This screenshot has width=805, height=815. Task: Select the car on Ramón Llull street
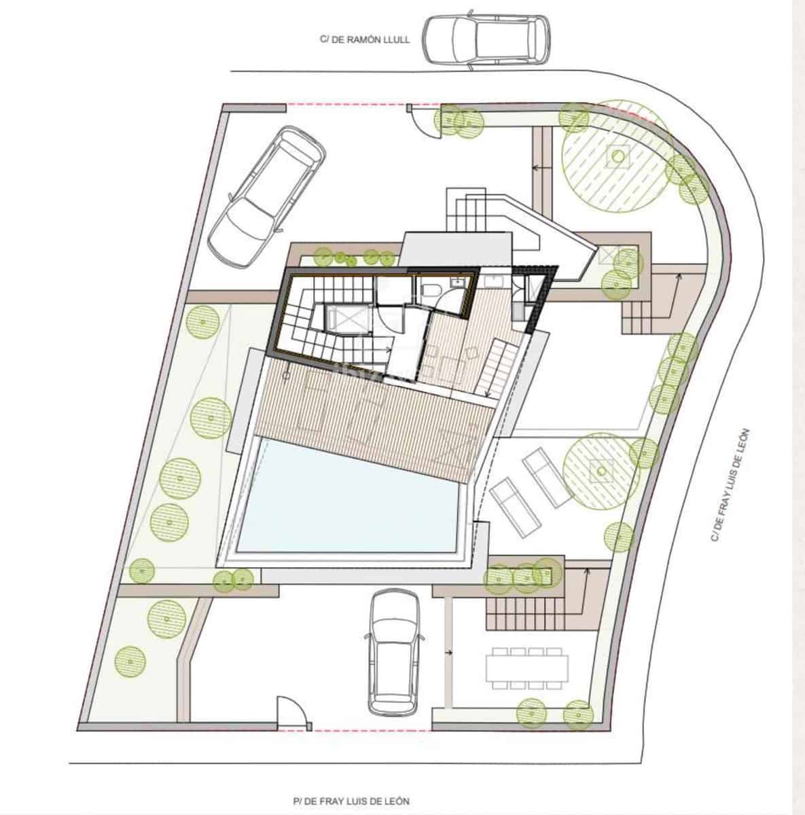click(485, 40)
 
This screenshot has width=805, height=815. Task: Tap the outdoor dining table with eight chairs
click(526, 667)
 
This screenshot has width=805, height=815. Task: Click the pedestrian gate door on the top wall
click(422, 121)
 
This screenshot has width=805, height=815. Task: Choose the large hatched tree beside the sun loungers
click(599, 469)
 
